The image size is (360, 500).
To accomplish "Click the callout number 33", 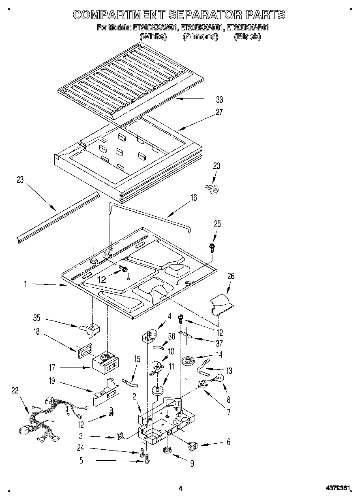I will coord(220,100).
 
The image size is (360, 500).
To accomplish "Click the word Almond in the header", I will coord(200,37).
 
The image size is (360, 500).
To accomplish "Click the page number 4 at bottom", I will coord(180,489).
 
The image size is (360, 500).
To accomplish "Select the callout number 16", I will coord(194,198).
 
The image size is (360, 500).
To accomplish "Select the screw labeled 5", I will coord(147,459).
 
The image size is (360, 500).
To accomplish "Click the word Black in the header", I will coord(247,37).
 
